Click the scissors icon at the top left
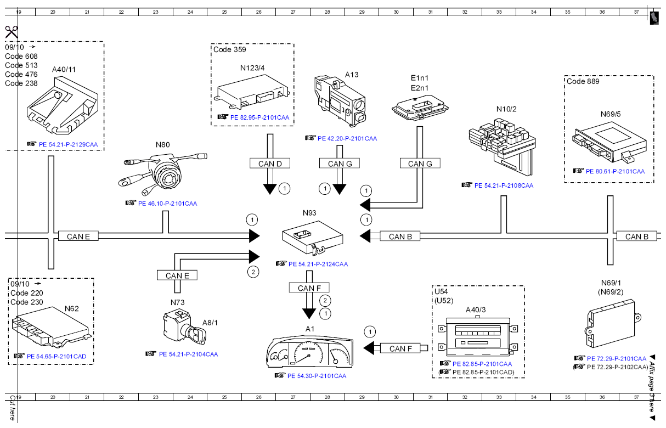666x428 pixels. [x=12, y=32]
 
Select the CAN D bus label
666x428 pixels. [x=270, y=164]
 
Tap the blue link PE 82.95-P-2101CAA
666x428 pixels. [x=259, y=117]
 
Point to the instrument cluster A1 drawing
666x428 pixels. [x=309, y=352]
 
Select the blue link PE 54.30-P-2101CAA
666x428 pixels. [x=317, y=376]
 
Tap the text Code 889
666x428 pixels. [x=583, y=82]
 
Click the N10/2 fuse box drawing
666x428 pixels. [x=503, y=147]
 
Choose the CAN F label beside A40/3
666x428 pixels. [x=400, y=348]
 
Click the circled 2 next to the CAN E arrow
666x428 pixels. [x=253, y=272]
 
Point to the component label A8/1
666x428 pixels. [x=210, y=323]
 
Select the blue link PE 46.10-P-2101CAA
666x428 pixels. [x=167, y=204]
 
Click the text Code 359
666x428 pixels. [x=229, y=50]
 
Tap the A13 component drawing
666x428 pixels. [x=340, y=102]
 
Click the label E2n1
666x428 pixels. [x=420, y=88]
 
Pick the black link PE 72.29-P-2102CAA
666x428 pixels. [x=617, y=367]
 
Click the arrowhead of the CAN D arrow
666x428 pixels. [x=270, y=189]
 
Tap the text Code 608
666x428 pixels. [x=21, y=57]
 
